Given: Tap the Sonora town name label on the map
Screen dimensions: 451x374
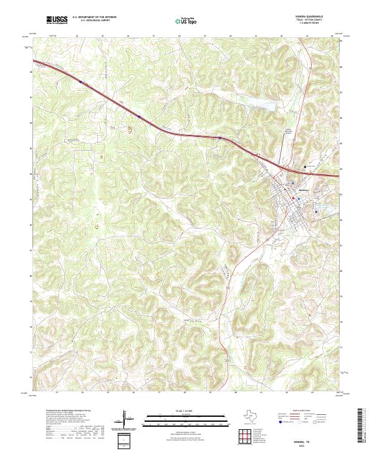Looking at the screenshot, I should [x=304, y=188].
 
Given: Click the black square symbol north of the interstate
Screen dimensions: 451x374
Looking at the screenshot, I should [x=305, y=167].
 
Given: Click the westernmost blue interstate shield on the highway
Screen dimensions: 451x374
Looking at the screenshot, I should [x=80, y=81].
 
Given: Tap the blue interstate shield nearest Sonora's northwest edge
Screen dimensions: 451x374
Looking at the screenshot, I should [x=220, y=137].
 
